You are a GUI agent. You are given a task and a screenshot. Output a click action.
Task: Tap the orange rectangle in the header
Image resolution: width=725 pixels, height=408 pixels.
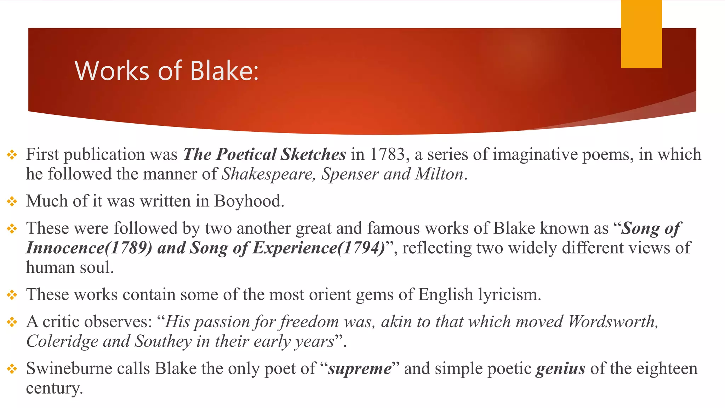[x=641, y=34]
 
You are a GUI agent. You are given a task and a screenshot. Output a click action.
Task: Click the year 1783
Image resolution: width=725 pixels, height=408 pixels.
[x=387, y=154]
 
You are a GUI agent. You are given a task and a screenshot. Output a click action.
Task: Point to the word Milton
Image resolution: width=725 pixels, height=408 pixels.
[x=439, y=174]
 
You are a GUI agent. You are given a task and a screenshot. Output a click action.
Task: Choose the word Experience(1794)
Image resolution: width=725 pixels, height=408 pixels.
[x=319, y=248]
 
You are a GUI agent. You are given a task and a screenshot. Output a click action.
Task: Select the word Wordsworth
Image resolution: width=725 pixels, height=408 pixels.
[x=612, y=322]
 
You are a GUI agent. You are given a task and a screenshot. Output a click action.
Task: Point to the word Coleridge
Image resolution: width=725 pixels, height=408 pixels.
[x=62, y=341]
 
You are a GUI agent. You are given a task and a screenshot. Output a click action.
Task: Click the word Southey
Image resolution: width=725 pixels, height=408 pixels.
[x=163, y=341]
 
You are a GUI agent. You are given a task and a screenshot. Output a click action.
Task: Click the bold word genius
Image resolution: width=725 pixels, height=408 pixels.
[x=561, y=369]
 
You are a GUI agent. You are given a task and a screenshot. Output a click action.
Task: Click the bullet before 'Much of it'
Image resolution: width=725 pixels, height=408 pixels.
[x=12, y=202]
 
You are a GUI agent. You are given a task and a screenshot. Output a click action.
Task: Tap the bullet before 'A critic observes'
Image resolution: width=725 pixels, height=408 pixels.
[x=12, y=322]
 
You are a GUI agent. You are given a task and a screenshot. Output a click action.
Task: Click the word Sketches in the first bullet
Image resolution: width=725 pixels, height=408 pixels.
[x=313, y=154]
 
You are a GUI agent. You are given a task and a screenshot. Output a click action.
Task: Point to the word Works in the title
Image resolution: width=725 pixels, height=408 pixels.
[x=112, y=71]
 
